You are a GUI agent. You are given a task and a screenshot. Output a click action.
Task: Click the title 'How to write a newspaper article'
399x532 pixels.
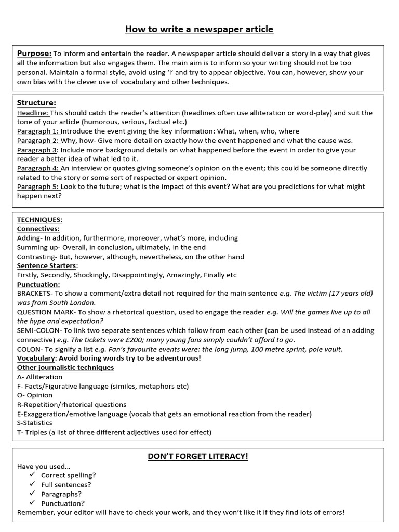pos(199,29)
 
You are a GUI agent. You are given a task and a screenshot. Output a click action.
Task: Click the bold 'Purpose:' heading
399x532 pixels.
pos(34,54)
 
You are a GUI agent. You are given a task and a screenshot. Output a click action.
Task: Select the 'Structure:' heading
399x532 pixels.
pos(36,102)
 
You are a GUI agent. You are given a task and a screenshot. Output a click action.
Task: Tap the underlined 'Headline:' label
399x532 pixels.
pos(33,113)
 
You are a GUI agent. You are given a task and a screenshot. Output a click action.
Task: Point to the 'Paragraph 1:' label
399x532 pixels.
pos(38,131)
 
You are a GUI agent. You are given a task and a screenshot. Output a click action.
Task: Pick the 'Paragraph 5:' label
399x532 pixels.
pos(38,187)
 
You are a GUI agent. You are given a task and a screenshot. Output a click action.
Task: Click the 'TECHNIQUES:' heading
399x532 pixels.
pos(39,220)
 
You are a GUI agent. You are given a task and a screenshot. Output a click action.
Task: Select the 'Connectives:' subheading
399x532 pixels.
pos(38,229)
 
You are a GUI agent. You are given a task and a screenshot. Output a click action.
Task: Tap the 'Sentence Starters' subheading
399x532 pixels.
pos(47,266)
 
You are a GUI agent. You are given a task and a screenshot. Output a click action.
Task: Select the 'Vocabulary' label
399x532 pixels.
pos(36,358)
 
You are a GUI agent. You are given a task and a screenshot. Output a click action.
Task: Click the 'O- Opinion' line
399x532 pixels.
pos(35,395)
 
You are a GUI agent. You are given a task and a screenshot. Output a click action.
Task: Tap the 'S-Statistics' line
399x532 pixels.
pos(35,423)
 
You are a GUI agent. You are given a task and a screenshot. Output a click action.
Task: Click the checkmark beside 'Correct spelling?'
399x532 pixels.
pos(32,475)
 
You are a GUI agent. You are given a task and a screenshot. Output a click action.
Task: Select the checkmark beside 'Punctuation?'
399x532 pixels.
pos(32,503)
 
